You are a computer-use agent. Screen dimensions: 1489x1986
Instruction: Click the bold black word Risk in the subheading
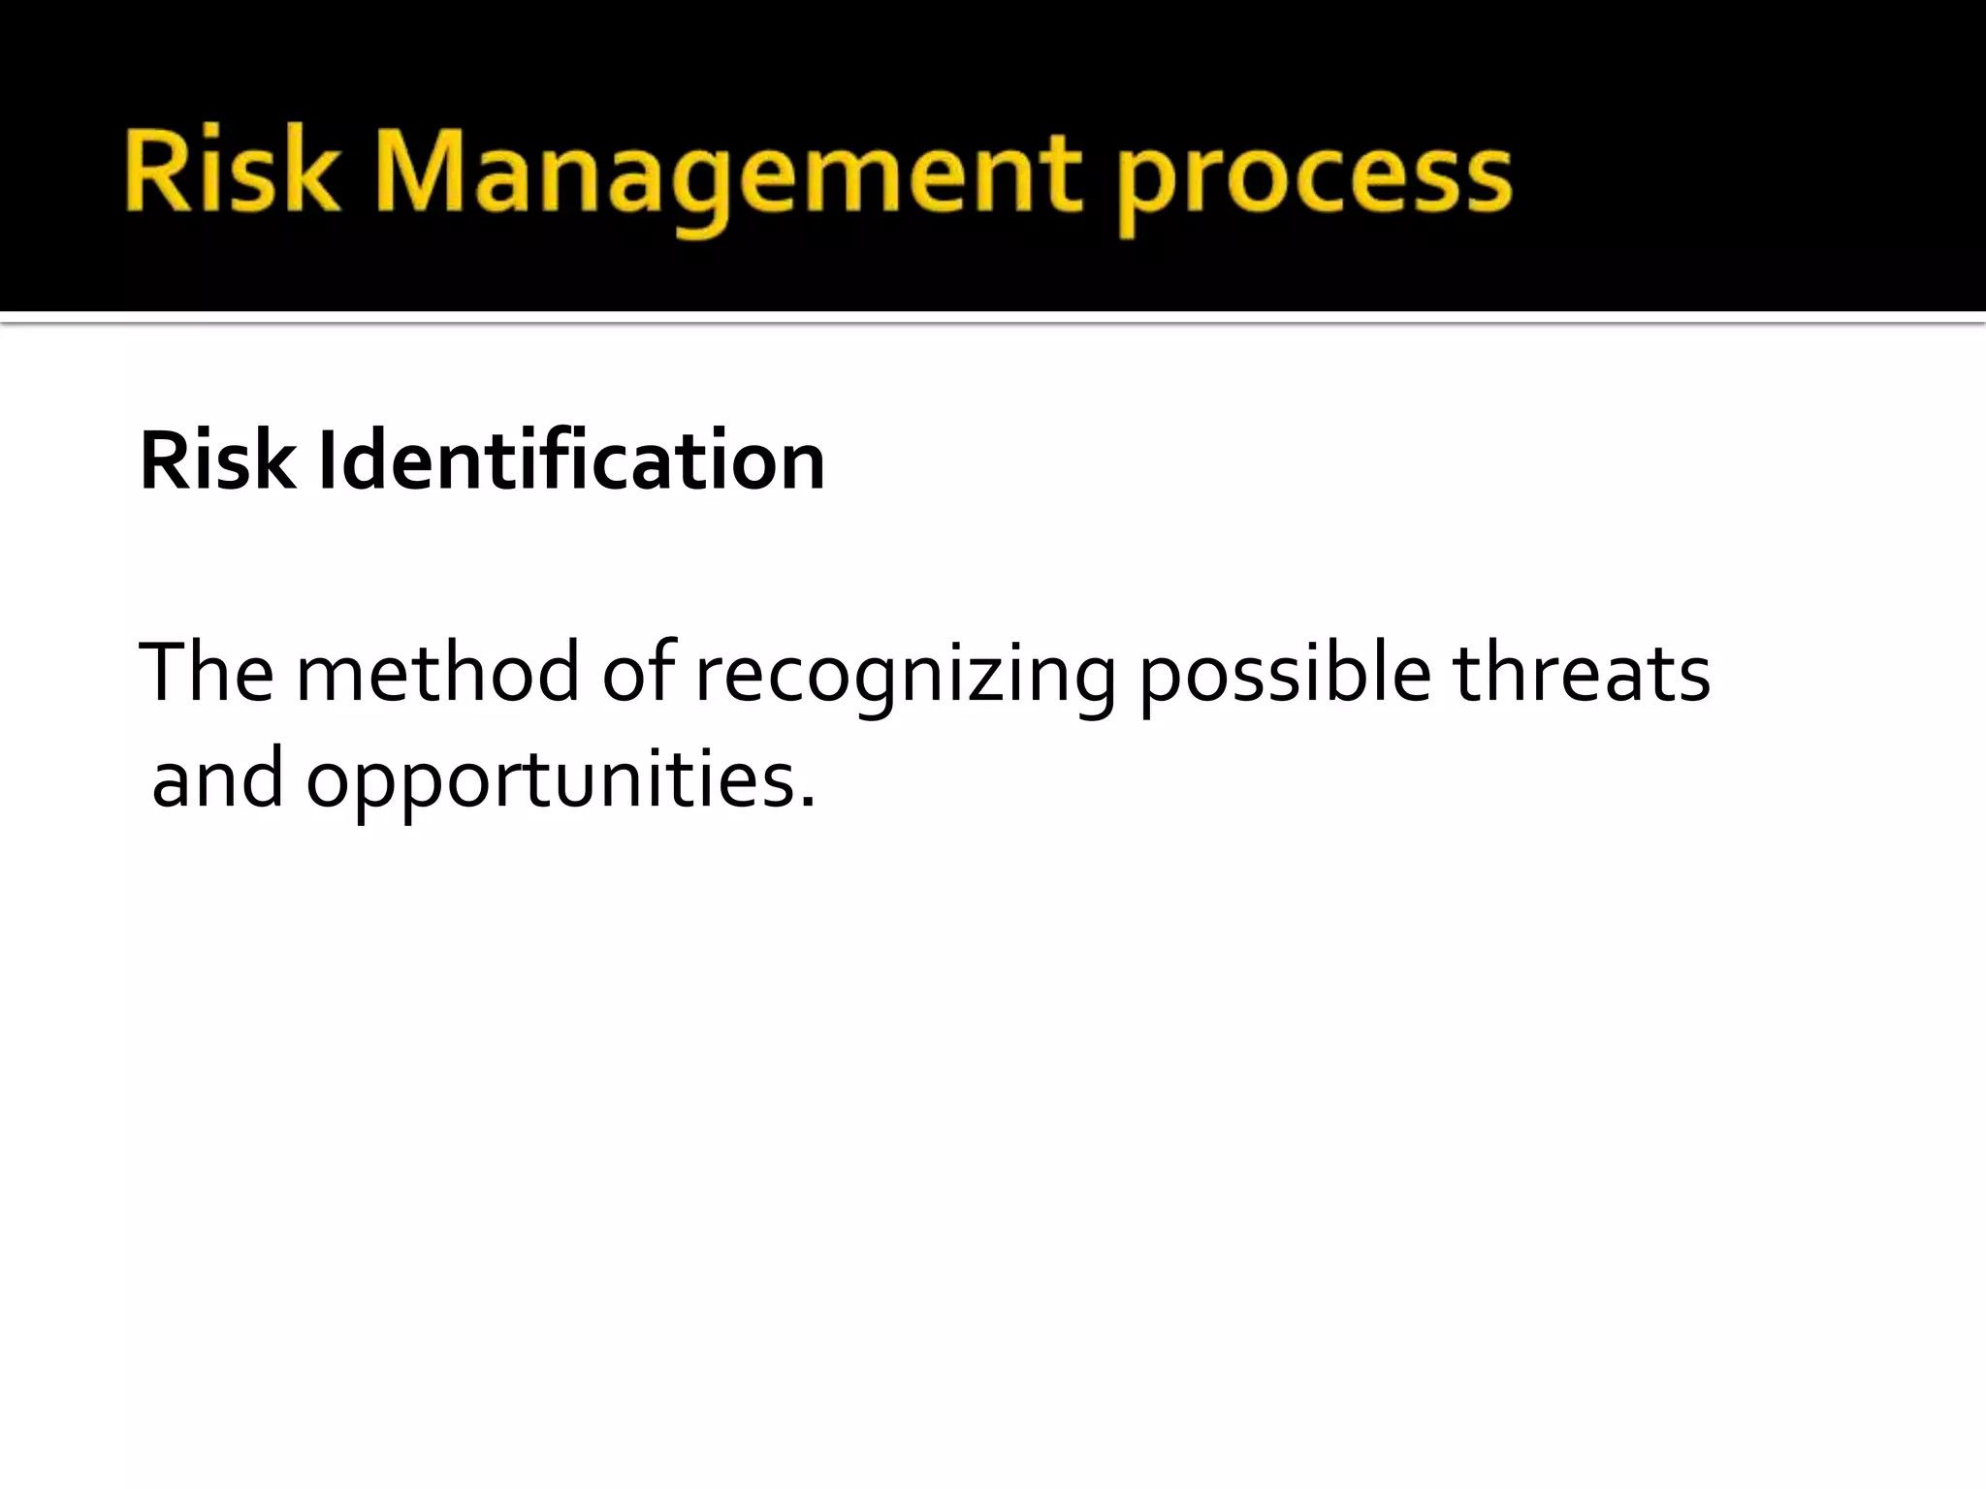coord(217,461)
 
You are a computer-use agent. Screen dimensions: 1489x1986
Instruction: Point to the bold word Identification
coord(571,461)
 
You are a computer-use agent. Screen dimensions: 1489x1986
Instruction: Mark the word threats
coord(1582,672)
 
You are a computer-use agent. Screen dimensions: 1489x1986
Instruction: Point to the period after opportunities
coord(807,802)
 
